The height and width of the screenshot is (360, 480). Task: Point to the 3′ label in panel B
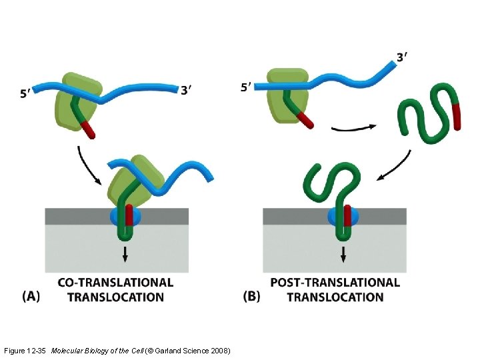click(401, 57)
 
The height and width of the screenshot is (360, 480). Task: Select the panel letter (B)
click(252, 297)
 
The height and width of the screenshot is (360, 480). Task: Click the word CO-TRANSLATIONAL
click(115, 283)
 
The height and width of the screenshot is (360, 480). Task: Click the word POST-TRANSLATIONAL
click(335, 283)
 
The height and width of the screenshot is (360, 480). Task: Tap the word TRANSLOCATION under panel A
click(115, 297)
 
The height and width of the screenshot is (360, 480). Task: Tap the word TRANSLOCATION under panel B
click(335, 297)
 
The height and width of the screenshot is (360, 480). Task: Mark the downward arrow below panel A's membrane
click(125, 254)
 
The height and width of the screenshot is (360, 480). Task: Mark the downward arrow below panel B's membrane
click(343, 254)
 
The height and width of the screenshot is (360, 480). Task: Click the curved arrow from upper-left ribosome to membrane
click(87, 165)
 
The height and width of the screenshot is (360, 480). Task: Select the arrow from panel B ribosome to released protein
click(353, 127)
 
